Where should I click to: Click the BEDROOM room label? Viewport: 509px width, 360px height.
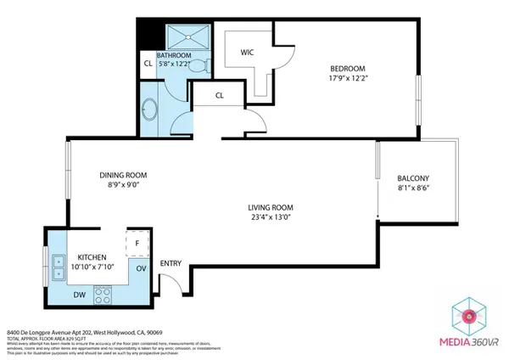coord(347,69)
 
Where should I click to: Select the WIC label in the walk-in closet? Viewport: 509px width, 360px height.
coord(248,52)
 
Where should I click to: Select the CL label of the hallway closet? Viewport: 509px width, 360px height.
coord(219,96)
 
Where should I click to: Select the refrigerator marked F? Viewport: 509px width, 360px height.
coord(136,241)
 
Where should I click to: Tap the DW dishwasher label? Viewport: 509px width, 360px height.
coord(79,295)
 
